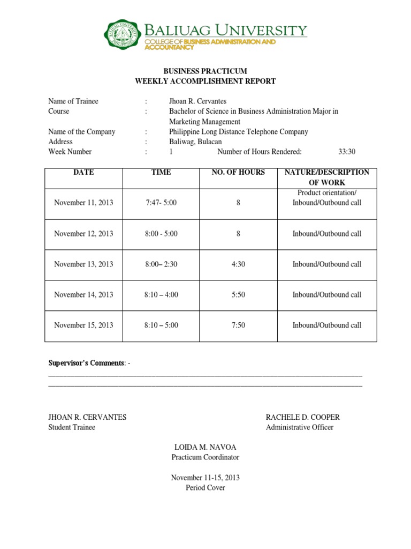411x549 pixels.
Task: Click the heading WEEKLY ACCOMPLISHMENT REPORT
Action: [205, 81]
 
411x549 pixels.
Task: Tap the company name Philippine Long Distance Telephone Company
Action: [238, 132]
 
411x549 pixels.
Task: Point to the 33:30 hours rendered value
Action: [347, 152]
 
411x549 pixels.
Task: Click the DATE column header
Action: [84, 173]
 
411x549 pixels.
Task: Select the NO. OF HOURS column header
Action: [238, 173]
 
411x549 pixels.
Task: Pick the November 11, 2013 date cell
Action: [84, 203]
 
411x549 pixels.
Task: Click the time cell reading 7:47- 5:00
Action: [161, 203]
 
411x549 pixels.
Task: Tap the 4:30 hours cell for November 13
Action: [238, 264]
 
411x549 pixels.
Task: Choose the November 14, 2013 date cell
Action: [84, 295]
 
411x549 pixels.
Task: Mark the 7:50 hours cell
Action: [238, 325]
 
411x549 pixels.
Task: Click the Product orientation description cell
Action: [326, 198]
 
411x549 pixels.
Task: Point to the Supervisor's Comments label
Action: [87, 363]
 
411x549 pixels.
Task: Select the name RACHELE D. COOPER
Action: [302, 417]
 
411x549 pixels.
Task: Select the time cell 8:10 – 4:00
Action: [161, 295]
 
